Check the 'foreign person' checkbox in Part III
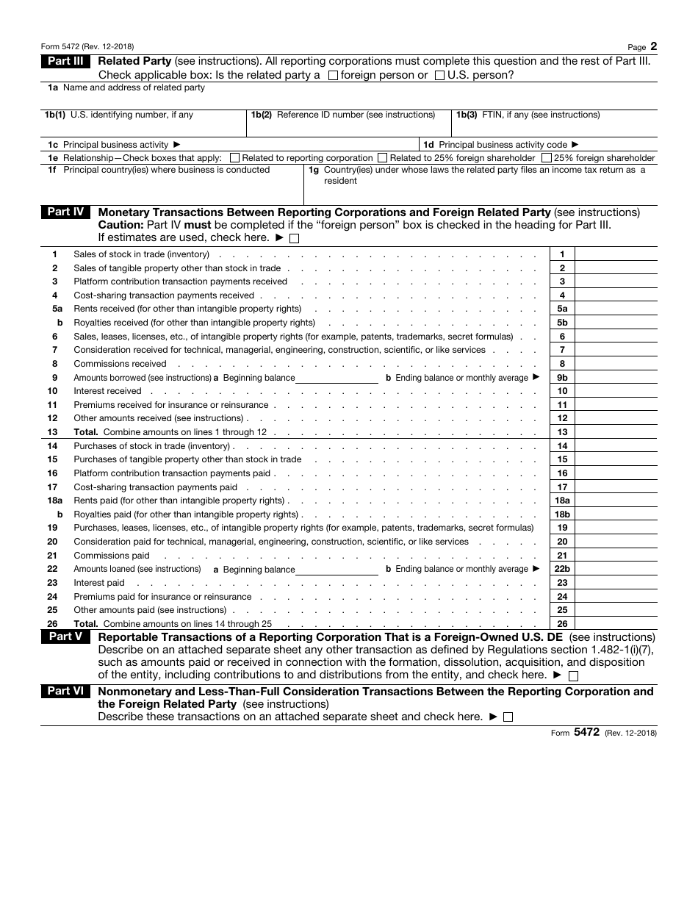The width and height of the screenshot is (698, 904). click(x=333, y=75)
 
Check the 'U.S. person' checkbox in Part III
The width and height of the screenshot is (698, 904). click(x=439, y=75)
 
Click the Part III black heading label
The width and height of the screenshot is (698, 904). click(x=65, y=62)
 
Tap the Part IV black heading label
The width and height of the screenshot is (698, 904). click(x=65, y=212)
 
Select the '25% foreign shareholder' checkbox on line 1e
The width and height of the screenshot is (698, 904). click(x=547, y=158)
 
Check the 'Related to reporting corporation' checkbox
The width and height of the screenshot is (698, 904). click(x=234, y=158)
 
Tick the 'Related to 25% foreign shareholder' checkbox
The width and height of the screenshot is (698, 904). click(x=382, y=158)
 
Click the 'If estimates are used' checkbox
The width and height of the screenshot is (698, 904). click(x=295, y=238)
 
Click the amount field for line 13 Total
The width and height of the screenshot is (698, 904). click(x=616, y=432)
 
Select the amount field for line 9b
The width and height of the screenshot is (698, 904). click(x=616, y=378)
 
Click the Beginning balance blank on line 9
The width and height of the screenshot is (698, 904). click(x=337, y=377)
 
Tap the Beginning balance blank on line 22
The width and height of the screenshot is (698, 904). click(x=337, y=569)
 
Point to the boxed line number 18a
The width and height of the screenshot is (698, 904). click(x=562, y=501)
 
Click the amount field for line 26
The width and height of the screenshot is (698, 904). click(x=616, y=624)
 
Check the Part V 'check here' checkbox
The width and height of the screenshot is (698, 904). click(x=574, y=675)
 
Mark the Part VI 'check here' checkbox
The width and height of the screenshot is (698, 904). click(x=508, y=717)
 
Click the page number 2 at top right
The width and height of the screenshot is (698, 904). click(x=653, y=46)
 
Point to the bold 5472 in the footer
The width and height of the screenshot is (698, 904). click(x=589, y=732)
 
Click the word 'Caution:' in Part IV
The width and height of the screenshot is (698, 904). click(x=118, y=225)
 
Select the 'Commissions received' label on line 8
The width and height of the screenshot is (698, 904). click(x=120, y=364)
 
